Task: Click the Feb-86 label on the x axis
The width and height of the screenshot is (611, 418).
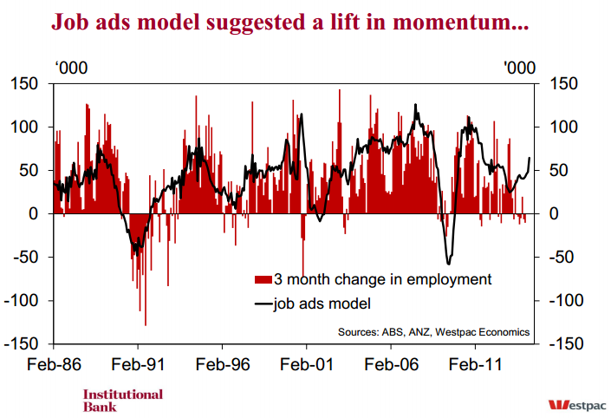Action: pyautogui.click(x=54, y=364)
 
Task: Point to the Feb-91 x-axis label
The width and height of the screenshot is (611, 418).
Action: pyautogui.click(x=139, y=364)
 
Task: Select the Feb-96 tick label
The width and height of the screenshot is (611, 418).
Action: pyautogui.click(x=223, y=364)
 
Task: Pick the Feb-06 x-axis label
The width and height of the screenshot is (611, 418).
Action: pyautogui.click(x=390, y=364)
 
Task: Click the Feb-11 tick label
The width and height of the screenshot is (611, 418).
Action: pyautogui.click(x=475, y=364)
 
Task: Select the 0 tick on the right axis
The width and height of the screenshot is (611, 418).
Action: pyautogui.click(x=551, y=214)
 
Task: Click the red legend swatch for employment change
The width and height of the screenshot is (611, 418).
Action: pyautogui.click(x=263, y=279)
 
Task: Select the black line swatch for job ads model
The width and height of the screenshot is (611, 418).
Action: pyautogui.click(x=263, y=304)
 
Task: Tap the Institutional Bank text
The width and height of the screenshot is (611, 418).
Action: pyautogui.click(x=122, y=400)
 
